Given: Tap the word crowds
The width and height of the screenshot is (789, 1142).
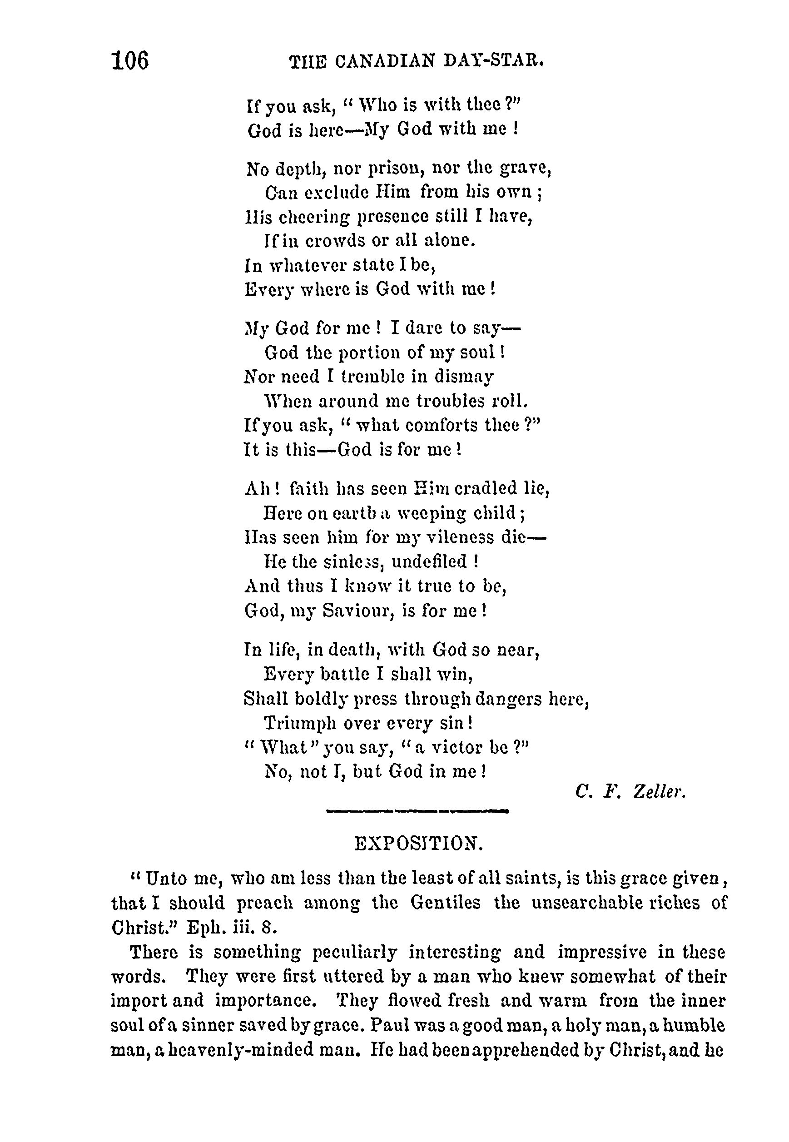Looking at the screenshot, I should coord(335,240).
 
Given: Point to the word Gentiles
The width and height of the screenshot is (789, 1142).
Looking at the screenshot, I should coord(446,903).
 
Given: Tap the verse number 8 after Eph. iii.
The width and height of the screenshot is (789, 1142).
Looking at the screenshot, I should coord(267,928).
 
